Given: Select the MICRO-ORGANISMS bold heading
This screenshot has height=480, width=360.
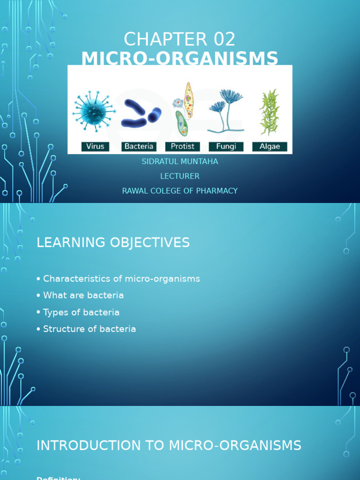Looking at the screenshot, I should (x=180, y=59).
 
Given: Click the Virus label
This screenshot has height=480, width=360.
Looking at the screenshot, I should (x=95, y=147).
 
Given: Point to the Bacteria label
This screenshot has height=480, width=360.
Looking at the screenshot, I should (x=139, y=147).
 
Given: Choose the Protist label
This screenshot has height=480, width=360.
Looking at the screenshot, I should (x=182, y=147).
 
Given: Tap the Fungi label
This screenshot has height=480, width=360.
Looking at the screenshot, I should (x=226, y=147).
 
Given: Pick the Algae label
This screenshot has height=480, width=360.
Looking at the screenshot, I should (x=270, y=147).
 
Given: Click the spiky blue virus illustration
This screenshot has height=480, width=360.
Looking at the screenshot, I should (x=94, y=111).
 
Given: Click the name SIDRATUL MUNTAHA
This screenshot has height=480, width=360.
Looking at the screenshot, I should (x=180, y=162).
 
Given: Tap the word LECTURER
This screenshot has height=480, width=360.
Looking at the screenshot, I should (x=180, y=176).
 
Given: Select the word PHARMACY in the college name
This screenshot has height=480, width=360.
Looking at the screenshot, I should (x=217, y=191).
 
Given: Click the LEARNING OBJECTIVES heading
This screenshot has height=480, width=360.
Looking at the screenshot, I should (x=113, y=243).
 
